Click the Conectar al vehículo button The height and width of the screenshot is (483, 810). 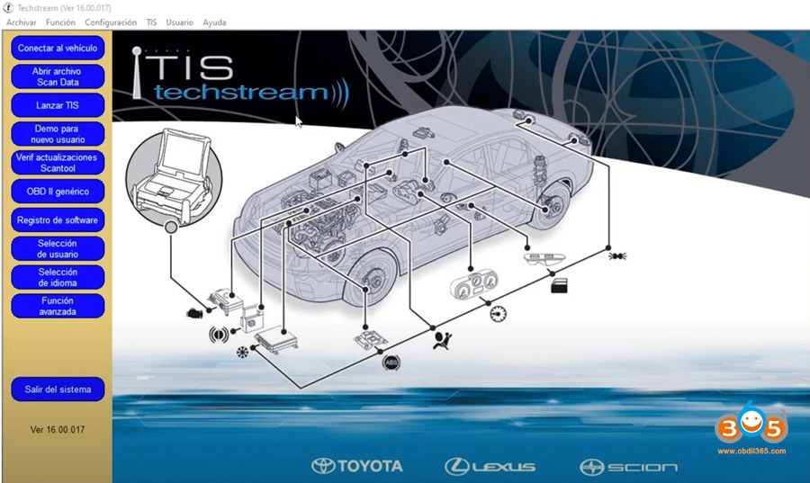58,48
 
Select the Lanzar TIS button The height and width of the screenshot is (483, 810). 58,105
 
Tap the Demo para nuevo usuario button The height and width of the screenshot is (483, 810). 58,134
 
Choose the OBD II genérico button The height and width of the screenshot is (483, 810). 58,192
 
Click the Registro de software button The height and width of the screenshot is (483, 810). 58,220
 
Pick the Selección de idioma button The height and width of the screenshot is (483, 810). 58,278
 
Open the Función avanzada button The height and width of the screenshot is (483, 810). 58,307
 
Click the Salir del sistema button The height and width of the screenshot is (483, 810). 58,389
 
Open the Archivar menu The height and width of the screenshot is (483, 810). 22,22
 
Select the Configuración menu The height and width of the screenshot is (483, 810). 111,22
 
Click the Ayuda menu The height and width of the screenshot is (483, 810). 214,22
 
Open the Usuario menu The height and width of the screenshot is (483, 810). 179,22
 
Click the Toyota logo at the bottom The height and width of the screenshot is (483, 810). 357,466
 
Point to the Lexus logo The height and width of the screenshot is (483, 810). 490,466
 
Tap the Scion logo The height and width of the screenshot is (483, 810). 629,467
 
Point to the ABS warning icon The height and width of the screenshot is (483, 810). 391,362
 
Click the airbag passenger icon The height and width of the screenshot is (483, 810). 441,340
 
